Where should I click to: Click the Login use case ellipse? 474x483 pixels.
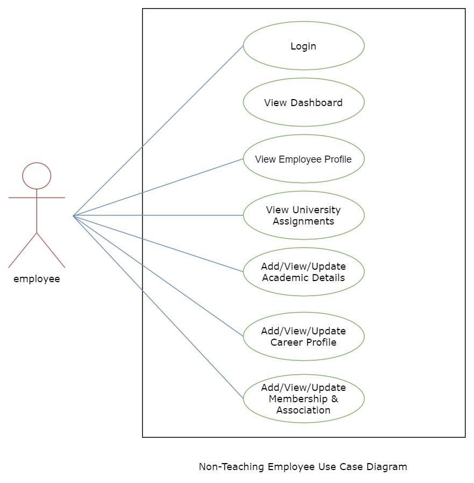[303, 46]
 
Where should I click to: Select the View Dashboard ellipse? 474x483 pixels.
[303, 102]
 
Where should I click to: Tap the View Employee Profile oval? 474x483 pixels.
[303, 159]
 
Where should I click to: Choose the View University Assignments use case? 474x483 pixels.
[303, 215]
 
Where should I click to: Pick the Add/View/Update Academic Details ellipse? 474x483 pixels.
[303, 272]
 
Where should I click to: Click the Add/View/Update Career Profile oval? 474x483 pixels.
[303, 337]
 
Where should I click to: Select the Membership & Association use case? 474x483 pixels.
[303, 398]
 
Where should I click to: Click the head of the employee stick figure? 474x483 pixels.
[37, 176]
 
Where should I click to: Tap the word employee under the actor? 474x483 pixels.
[37, 279]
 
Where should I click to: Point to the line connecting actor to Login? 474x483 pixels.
[158, 131]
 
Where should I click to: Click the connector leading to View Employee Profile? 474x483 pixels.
[158, 187]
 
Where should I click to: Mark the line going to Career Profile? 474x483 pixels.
[158, 276]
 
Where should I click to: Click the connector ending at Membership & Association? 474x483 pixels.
[158, 307]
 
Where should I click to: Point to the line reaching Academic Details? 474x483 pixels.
[158, 244]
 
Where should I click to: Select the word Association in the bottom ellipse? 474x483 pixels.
[303, 410]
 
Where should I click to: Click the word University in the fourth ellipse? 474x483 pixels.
[316, 209]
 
